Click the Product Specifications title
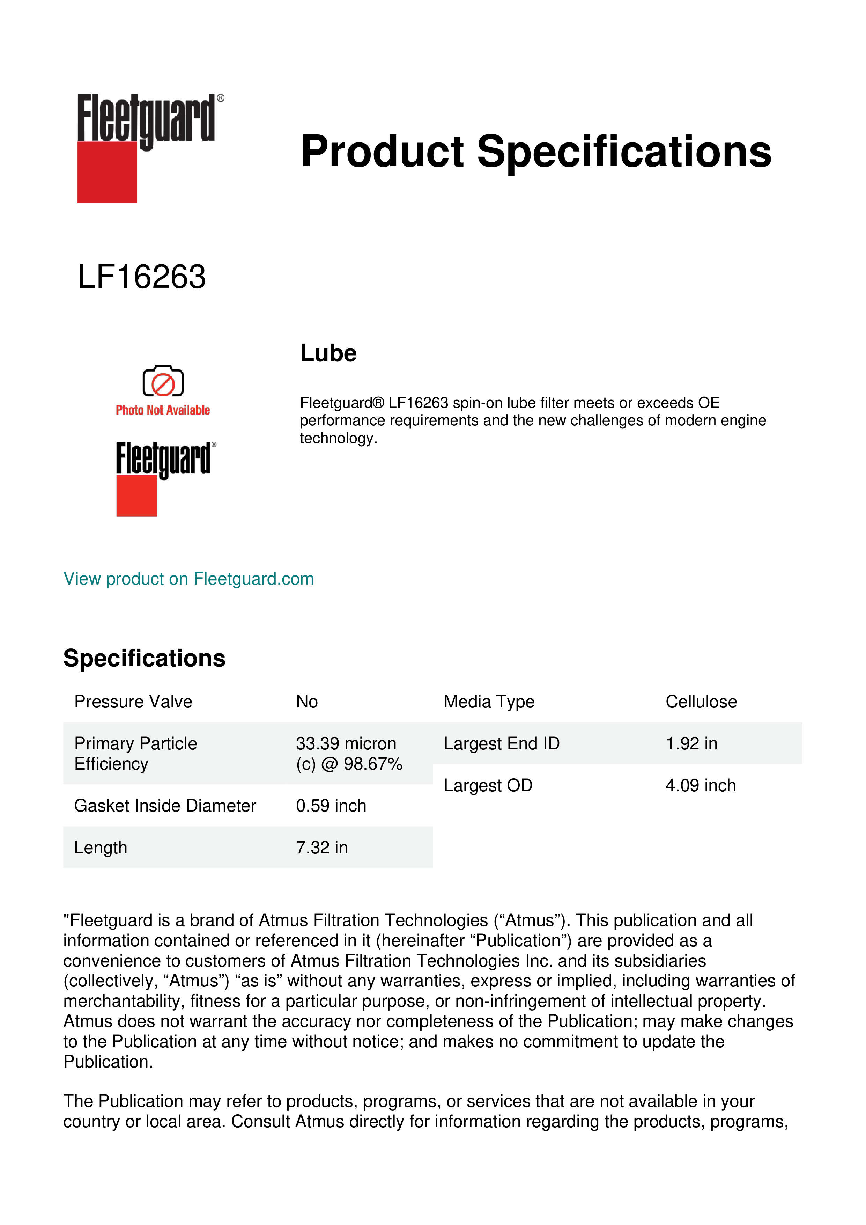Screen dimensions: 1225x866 pos(536,152)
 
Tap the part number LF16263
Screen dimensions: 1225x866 pos(142,277)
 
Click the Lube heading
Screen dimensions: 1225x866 pos(328,353)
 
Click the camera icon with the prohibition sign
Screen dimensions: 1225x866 pos(163,381)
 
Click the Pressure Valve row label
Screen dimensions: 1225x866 pos(133,702)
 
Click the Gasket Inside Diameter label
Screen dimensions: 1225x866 pos(165,806)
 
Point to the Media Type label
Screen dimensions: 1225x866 pos(489,702)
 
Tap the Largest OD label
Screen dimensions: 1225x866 pos(488,785)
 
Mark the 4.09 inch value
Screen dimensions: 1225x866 pos(701,785)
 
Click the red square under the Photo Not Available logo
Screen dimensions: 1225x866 pos(136,497)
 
